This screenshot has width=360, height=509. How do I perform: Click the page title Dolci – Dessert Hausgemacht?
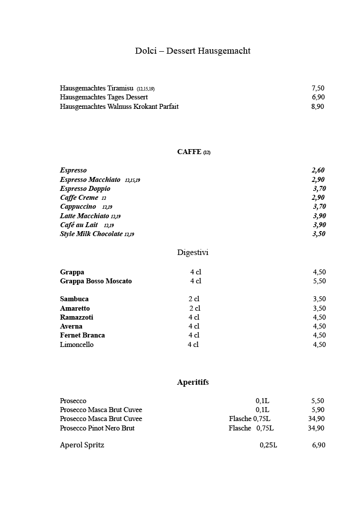pyautogui.click(x=192, y=51)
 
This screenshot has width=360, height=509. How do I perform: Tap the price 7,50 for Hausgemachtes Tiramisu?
pyautogui.click(x=318, y=88)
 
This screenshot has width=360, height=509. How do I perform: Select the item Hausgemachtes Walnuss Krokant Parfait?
pyautogui.click(x=119, y=106)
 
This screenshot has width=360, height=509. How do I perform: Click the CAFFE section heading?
pyautogui.click(x=189, y=152)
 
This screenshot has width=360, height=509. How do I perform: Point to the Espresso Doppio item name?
pyautogui.click(x=85, y=188)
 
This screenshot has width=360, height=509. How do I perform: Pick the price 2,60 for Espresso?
pyautogui.click(x=318, y=170)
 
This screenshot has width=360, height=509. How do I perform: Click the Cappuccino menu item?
pyautogui.click(x=78, y=207)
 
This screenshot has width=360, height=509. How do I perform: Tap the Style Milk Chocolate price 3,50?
pyautogui.click(x=319, y=234)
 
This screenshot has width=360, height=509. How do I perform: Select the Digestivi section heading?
pyautogui.click(x=192, y=253)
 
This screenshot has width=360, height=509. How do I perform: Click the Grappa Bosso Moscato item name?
pyautogui.click(x=96, y=281)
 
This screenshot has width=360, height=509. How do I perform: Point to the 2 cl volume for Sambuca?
pyautogui.click(x=193, y=299)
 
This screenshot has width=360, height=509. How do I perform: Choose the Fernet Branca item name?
pyautogui.click(x=82, y=336)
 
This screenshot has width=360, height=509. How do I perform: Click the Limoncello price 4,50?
pyautogui.click(x=319, y=344)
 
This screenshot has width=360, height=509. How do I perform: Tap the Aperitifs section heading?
pyautogui.click(x=193, y=382)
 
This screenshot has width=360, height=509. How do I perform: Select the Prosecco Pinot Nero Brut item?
pyautogui.click(x=97, y=428)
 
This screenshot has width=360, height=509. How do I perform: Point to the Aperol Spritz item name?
pyautogui.click(x=82, y=445)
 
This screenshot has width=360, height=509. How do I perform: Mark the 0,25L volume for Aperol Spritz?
pyautogui.click(x=268, y=445)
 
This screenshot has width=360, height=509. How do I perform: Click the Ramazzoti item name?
pyautogui.click(x=77, y=317)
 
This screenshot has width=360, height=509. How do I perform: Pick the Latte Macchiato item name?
pyautogui.click(x=85, y=216)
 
